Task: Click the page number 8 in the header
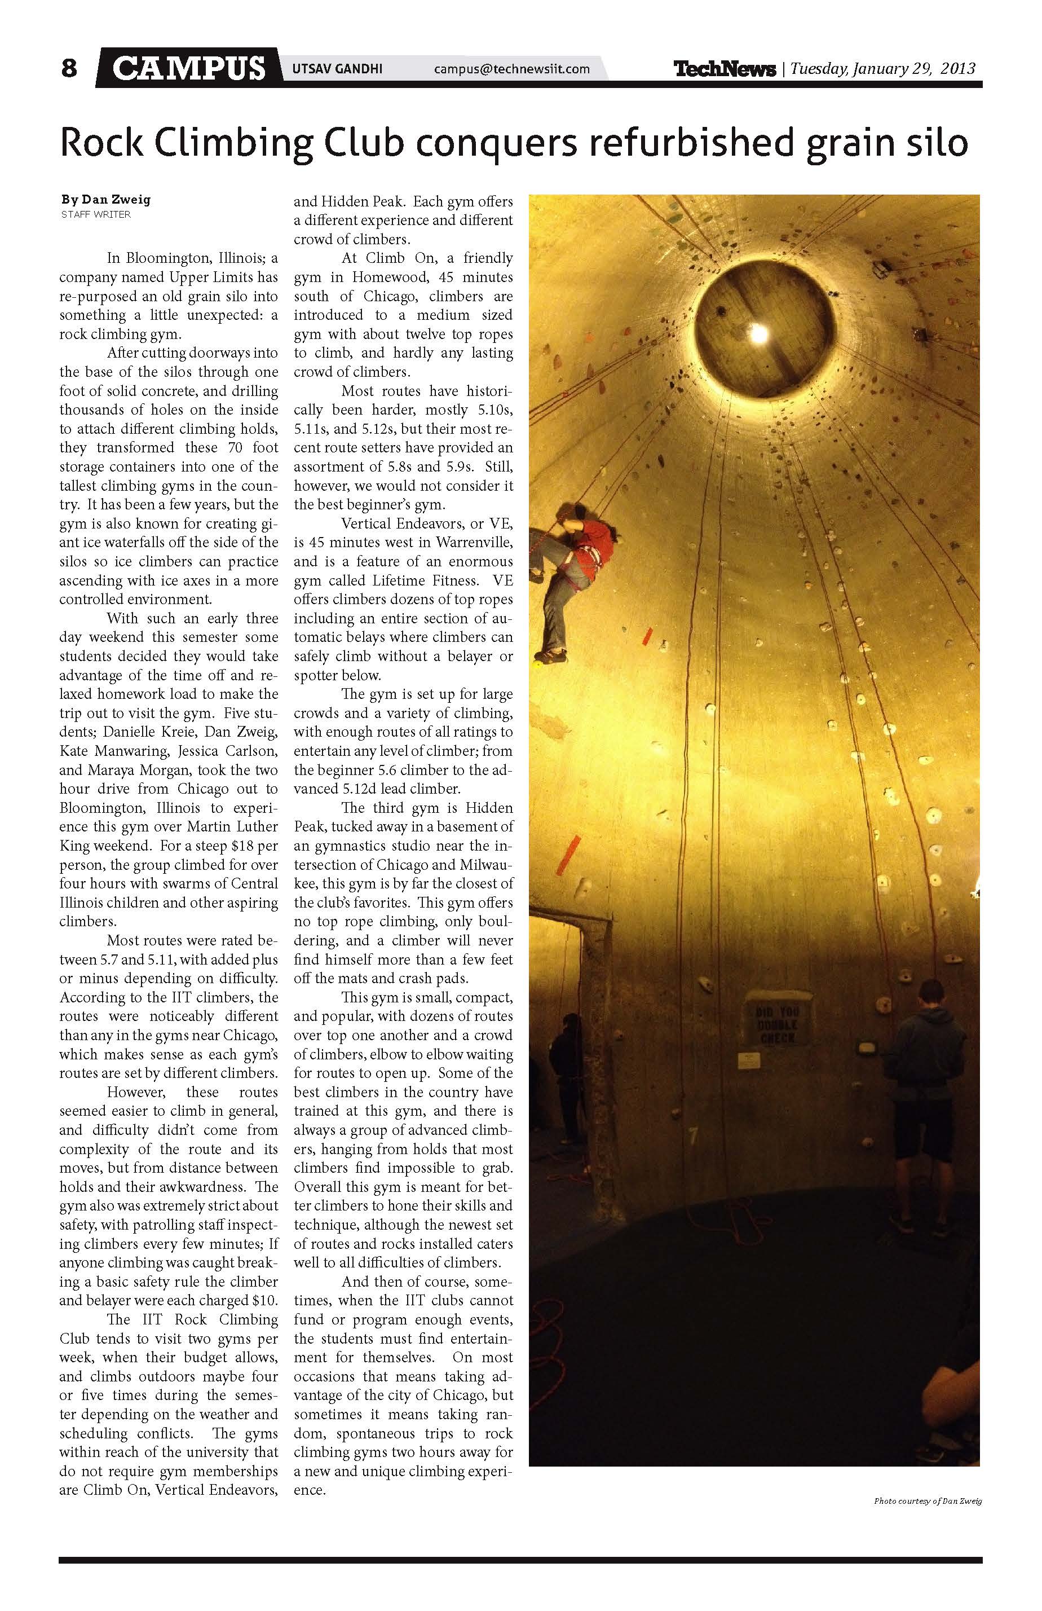(69, 68)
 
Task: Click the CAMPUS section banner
(188, 68)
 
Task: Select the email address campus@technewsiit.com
(511, 69)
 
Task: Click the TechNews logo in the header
(724, 69)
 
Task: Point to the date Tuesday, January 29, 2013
(882, 69)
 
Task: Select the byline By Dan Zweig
(105, 200)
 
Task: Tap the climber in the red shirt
(575, 575)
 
